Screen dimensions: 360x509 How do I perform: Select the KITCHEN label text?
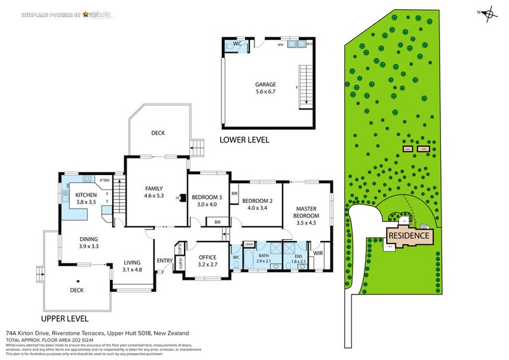(86, 195)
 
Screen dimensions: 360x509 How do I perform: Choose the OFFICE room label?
(207, 258)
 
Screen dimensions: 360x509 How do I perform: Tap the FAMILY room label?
(154, 189)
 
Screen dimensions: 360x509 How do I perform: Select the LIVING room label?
(132, 261)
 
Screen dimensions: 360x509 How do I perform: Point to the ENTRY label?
(165, 260)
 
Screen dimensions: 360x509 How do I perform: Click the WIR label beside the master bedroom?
(319, 253)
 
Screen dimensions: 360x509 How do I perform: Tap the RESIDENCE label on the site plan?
(409, 235)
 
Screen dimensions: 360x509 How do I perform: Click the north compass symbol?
(488, 13)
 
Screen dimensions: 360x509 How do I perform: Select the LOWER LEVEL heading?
(244, 139)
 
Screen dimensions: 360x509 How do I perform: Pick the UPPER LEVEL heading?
(64, 318)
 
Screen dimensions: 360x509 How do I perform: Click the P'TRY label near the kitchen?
(105, 180)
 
